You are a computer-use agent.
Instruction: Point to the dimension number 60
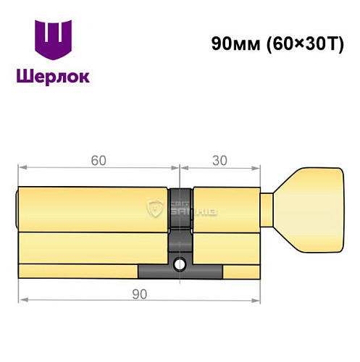pos(96,161)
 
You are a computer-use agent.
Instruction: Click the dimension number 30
pos(220,161)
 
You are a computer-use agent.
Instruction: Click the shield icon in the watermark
pos(154,210)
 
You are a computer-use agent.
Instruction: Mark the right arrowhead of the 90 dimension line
pos(256,299)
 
